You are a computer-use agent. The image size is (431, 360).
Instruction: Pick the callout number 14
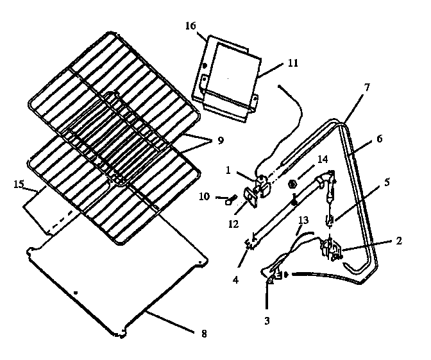[x=321, y=158]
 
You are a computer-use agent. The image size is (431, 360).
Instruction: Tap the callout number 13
[x=303, y=220]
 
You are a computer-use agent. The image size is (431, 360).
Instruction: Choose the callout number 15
[x=19, y=185]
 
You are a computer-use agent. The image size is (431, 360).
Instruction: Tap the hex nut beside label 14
[x=292, y=184]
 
